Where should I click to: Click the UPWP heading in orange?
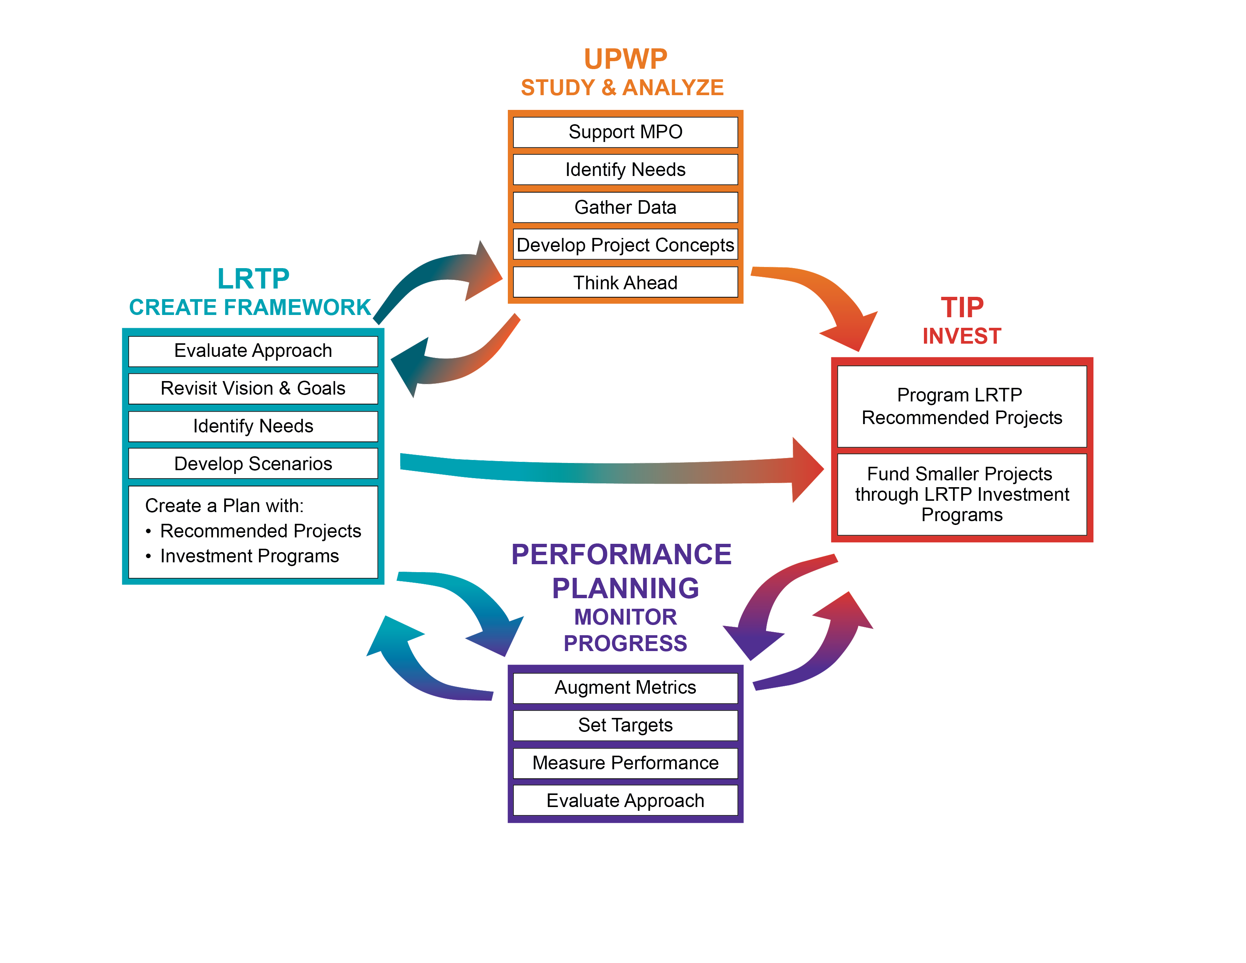pyautogui.click(x=625, y=59)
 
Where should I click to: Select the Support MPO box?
pyautogui.click(x=625, y=132)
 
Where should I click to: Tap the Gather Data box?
pyautogui.click(x=625, y=207)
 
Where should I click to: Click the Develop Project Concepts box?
pyautogui.click(x=625, y=245)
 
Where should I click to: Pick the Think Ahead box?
pyautogui.click(x=625, y=282)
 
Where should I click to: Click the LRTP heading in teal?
pyautogui.click(x=253, y=279)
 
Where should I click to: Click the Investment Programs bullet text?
pyautogui.click(x=249, y=556)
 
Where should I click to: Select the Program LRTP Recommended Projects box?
pyautogui.click(x=962, y=406)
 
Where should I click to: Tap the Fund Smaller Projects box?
pyautogui.click(x=962, y=494)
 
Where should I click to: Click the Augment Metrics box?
pyautogui.click(x=625, y=687)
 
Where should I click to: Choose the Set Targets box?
pyautogui.click(x=625, y=725)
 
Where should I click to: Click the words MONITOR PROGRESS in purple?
pyautogui.click(x=625, y=630)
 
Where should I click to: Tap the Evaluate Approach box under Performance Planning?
pyautogui.click(x=625, y=800)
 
